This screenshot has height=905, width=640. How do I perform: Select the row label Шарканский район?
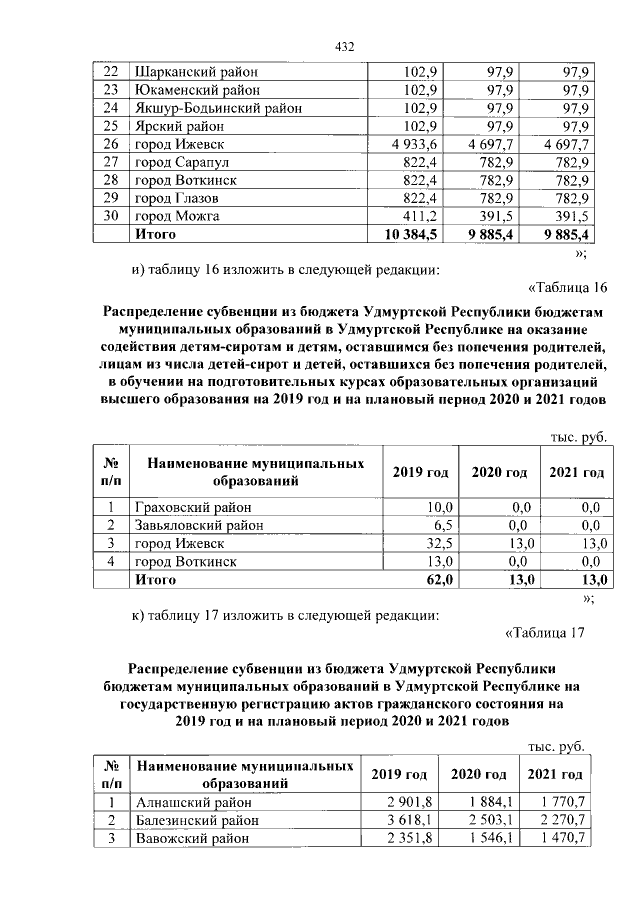click(x=196, y=72)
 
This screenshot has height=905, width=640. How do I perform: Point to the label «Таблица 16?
click(x=564, y=289)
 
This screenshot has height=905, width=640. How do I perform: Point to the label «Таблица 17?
click(x=541, y=632)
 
